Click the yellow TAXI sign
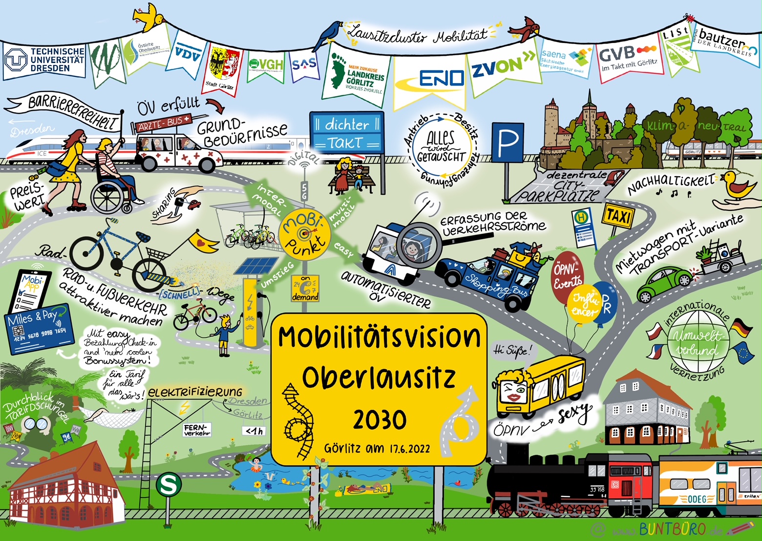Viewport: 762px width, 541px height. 619,215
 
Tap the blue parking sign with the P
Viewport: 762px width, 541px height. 508,142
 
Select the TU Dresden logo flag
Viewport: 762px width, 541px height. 44,60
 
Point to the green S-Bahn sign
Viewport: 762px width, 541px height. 169,485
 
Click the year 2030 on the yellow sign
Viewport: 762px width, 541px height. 380,420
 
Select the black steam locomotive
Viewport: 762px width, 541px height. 537,484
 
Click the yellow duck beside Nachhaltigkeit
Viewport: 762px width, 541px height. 736,184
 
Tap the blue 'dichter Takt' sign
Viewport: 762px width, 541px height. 347,133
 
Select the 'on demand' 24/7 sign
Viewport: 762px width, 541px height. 305,288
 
